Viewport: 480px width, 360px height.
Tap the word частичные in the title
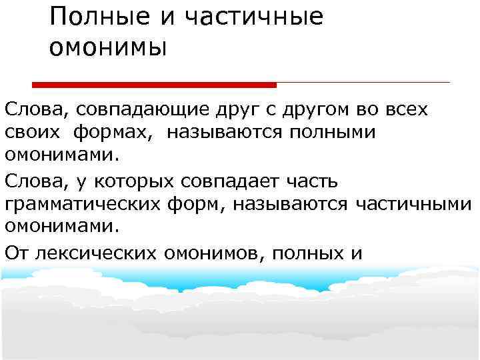point(247,17)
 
